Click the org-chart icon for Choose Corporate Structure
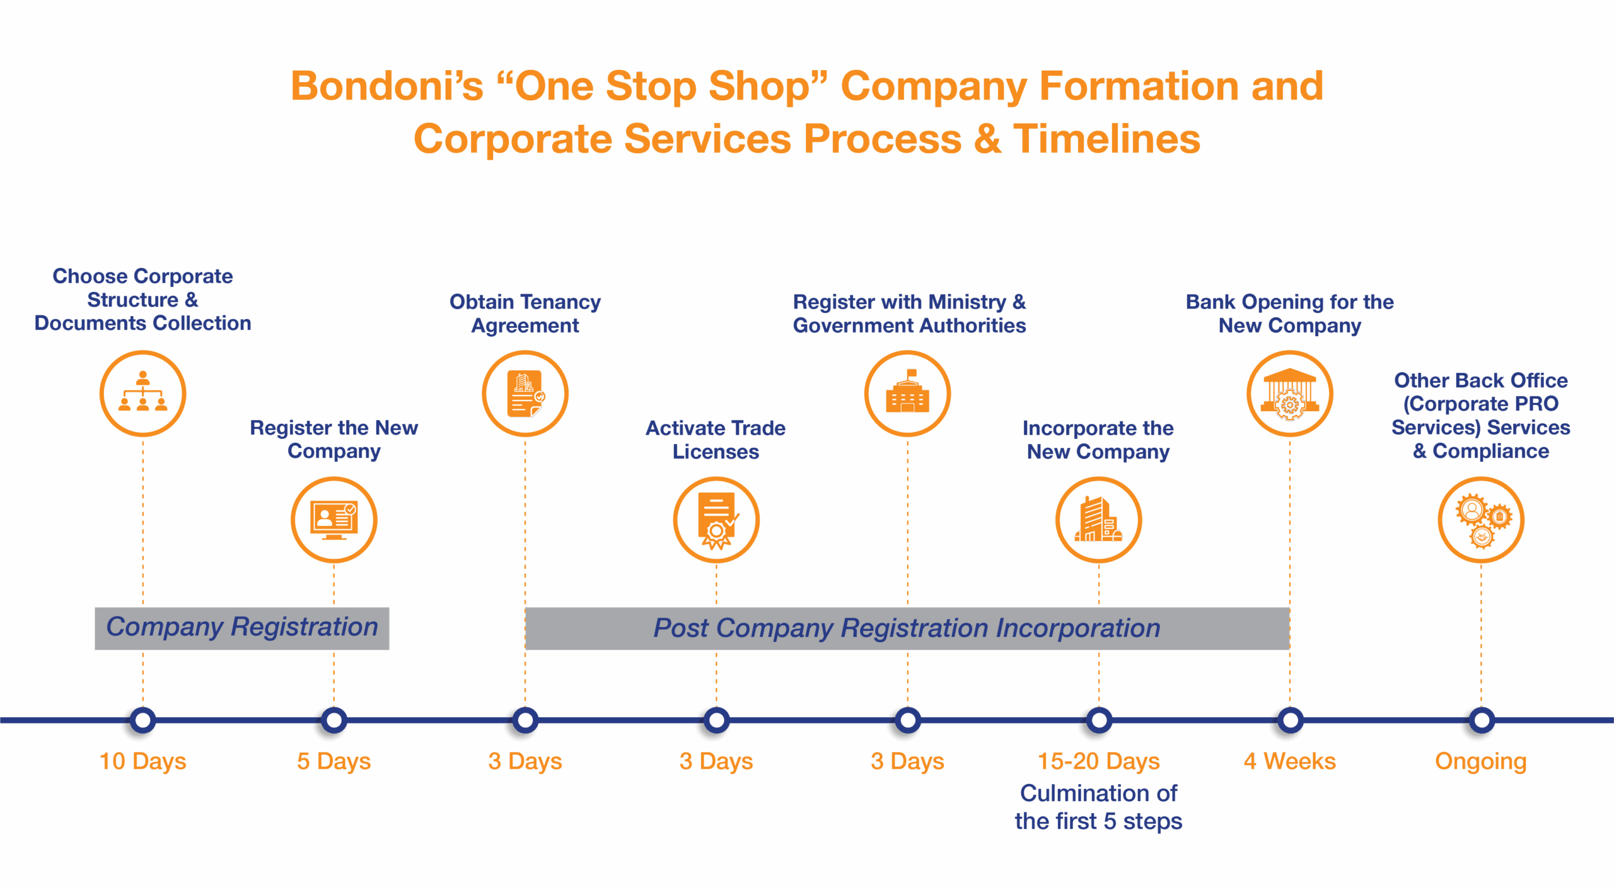click(143, 393)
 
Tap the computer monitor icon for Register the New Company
click(334, 520)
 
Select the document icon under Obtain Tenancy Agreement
click(525, 393)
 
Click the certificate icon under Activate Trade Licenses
click(716, 520)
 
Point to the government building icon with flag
click(908, 393)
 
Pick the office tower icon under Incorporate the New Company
click(1099, 520)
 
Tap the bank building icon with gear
click(1290, 393)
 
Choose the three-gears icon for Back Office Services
click(1481, 520)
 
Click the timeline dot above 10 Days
click(143, 720)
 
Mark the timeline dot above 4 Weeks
click(1290, 720)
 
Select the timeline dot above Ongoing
click(1481, 720)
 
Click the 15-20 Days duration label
click(1099, 761)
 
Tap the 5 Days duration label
click(334, 761)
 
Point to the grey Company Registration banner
click(242, 628)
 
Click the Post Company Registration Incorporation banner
click(907, 628)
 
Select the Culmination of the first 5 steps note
click(1099, 807)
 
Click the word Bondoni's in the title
click(386, 86)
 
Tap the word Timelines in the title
click(1107, 139)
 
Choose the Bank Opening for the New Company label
click(1290, 313)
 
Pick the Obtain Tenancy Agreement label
click(525, 313)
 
